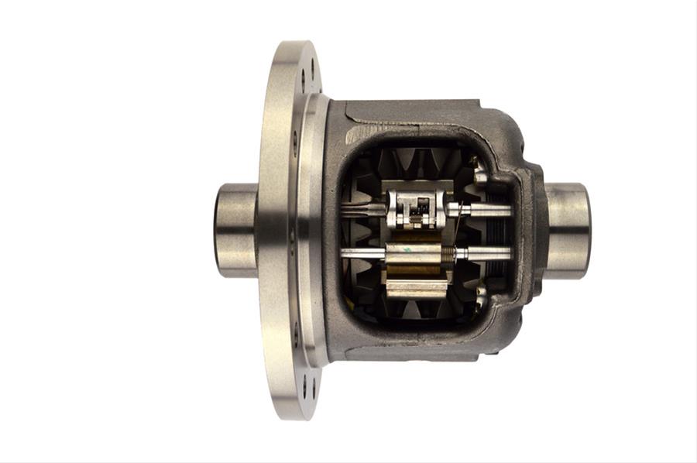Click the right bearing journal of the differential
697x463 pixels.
[568, 230]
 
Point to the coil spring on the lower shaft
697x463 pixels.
[448, 253]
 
